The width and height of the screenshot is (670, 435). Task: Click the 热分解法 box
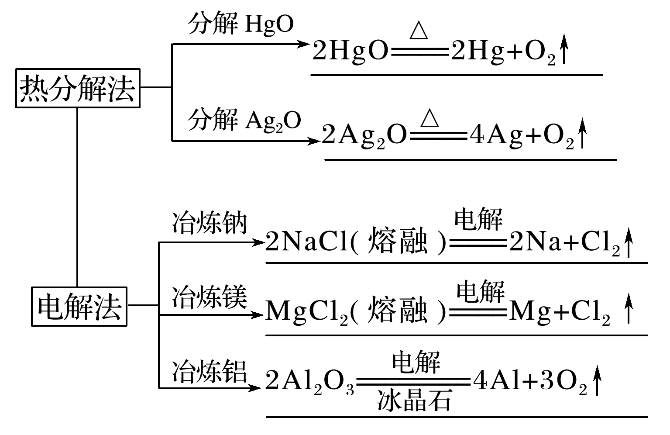pyautogui.click(x=78, y=88)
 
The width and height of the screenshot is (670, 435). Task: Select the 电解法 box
pyautogui.click(x=79, y=307)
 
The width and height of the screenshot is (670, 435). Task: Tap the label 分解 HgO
pyautogui.click(x=241, y=24)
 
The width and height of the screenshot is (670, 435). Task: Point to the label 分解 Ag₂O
pyautogui.click(x=244, y=120)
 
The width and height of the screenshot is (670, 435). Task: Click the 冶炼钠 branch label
pyautogui.click(x=210, y=223)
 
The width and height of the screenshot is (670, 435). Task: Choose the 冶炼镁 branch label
pyautogui.click(x=210, y=297)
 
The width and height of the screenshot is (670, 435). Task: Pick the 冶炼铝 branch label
pyautogui.click(x=210, y=372)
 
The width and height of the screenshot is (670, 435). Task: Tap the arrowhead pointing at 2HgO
pyautogui.click(x=305, y=44)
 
